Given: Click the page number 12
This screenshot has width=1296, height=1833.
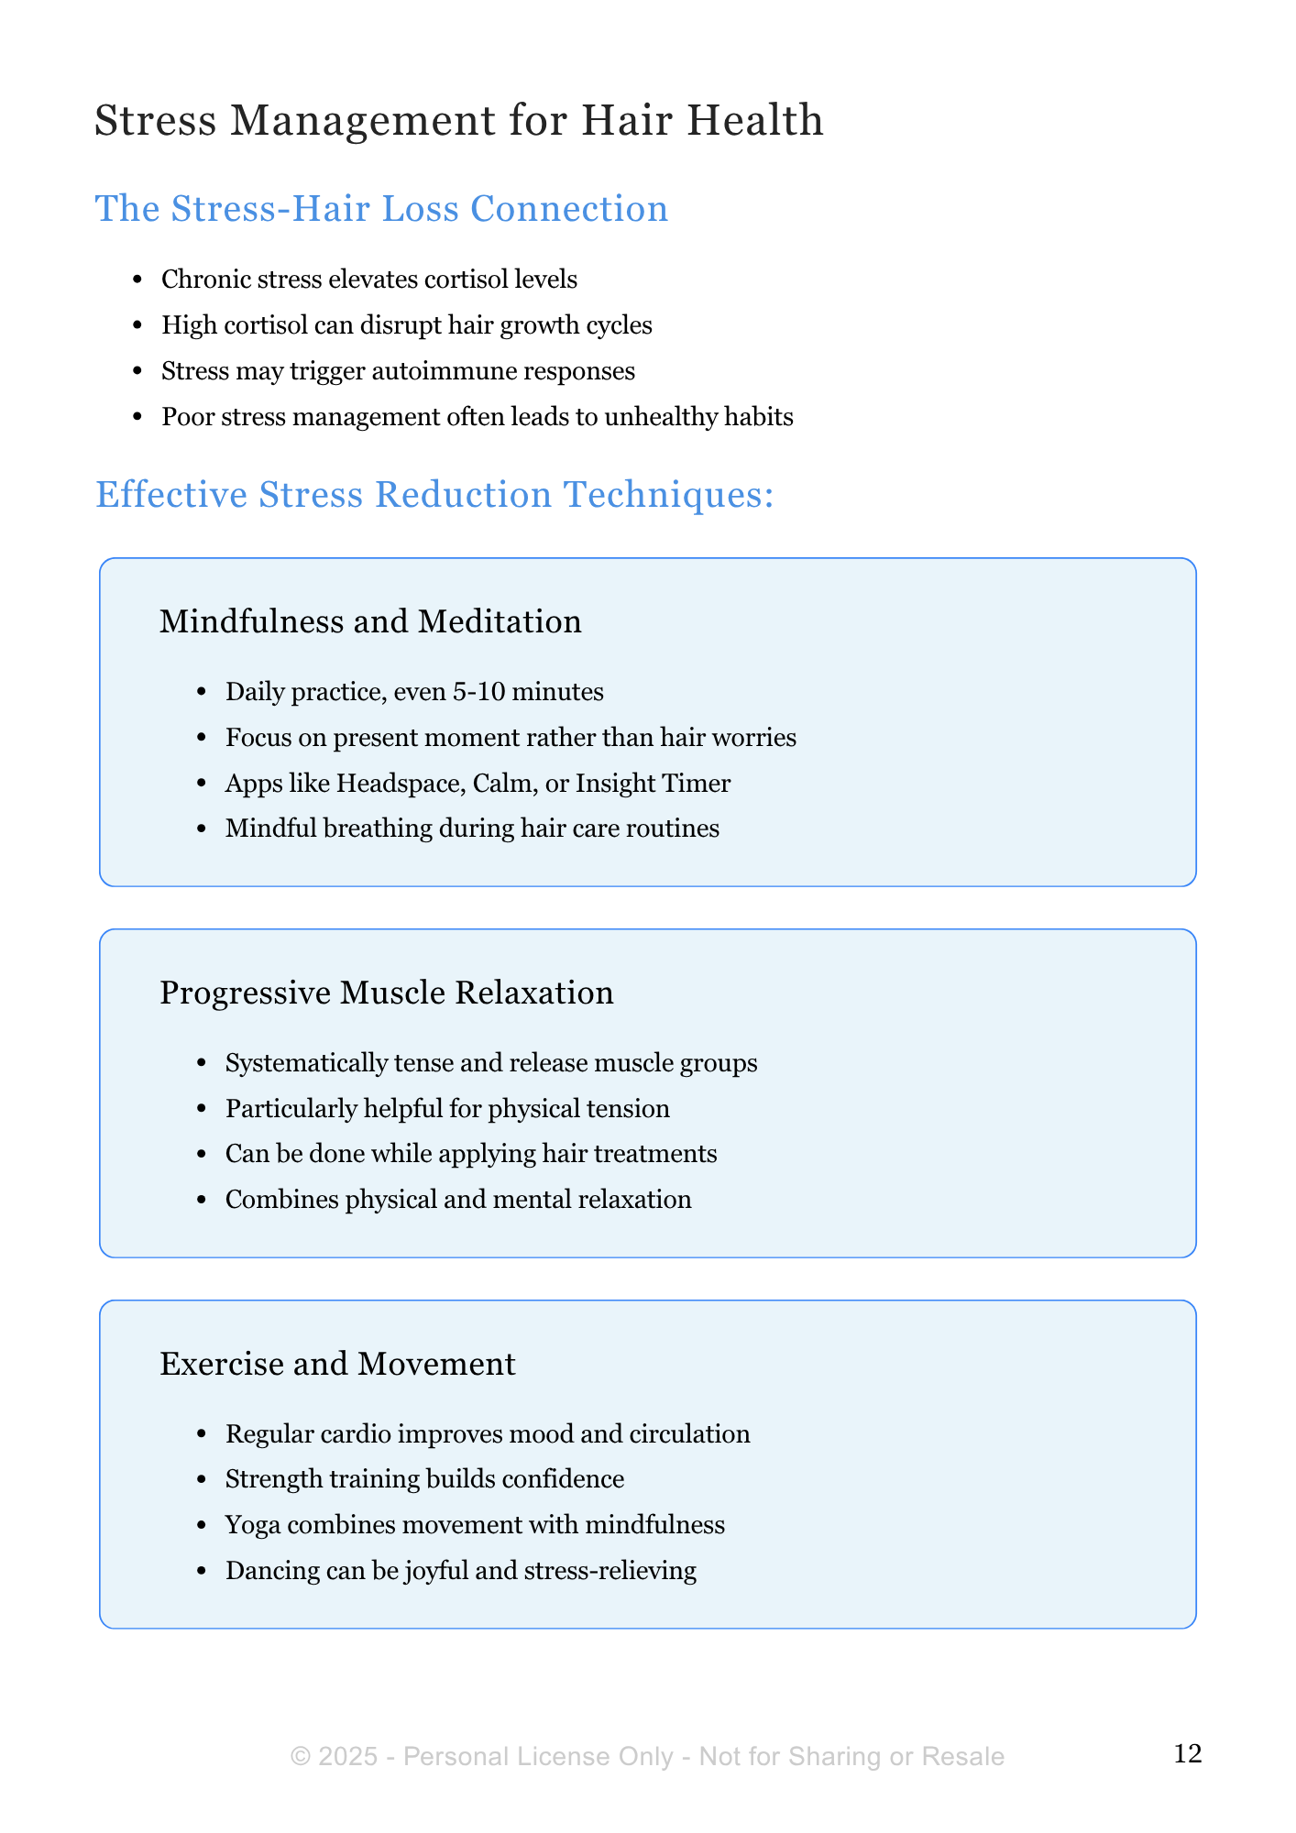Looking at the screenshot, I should click(1187, 1754).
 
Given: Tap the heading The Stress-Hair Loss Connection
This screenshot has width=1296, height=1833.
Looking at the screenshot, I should click(381, 209).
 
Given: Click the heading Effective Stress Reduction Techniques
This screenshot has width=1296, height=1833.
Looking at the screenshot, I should click(434, 495).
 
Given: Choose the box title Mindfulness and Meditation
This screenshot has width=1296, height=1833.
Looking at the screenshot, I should click(370, 621).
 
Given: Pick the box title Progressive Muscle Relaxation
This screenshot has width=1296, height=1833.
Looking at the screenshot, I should click(386, 993).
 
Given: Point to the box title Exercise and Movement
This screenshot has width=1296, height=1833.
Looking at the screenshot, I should click(337, 1364).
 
